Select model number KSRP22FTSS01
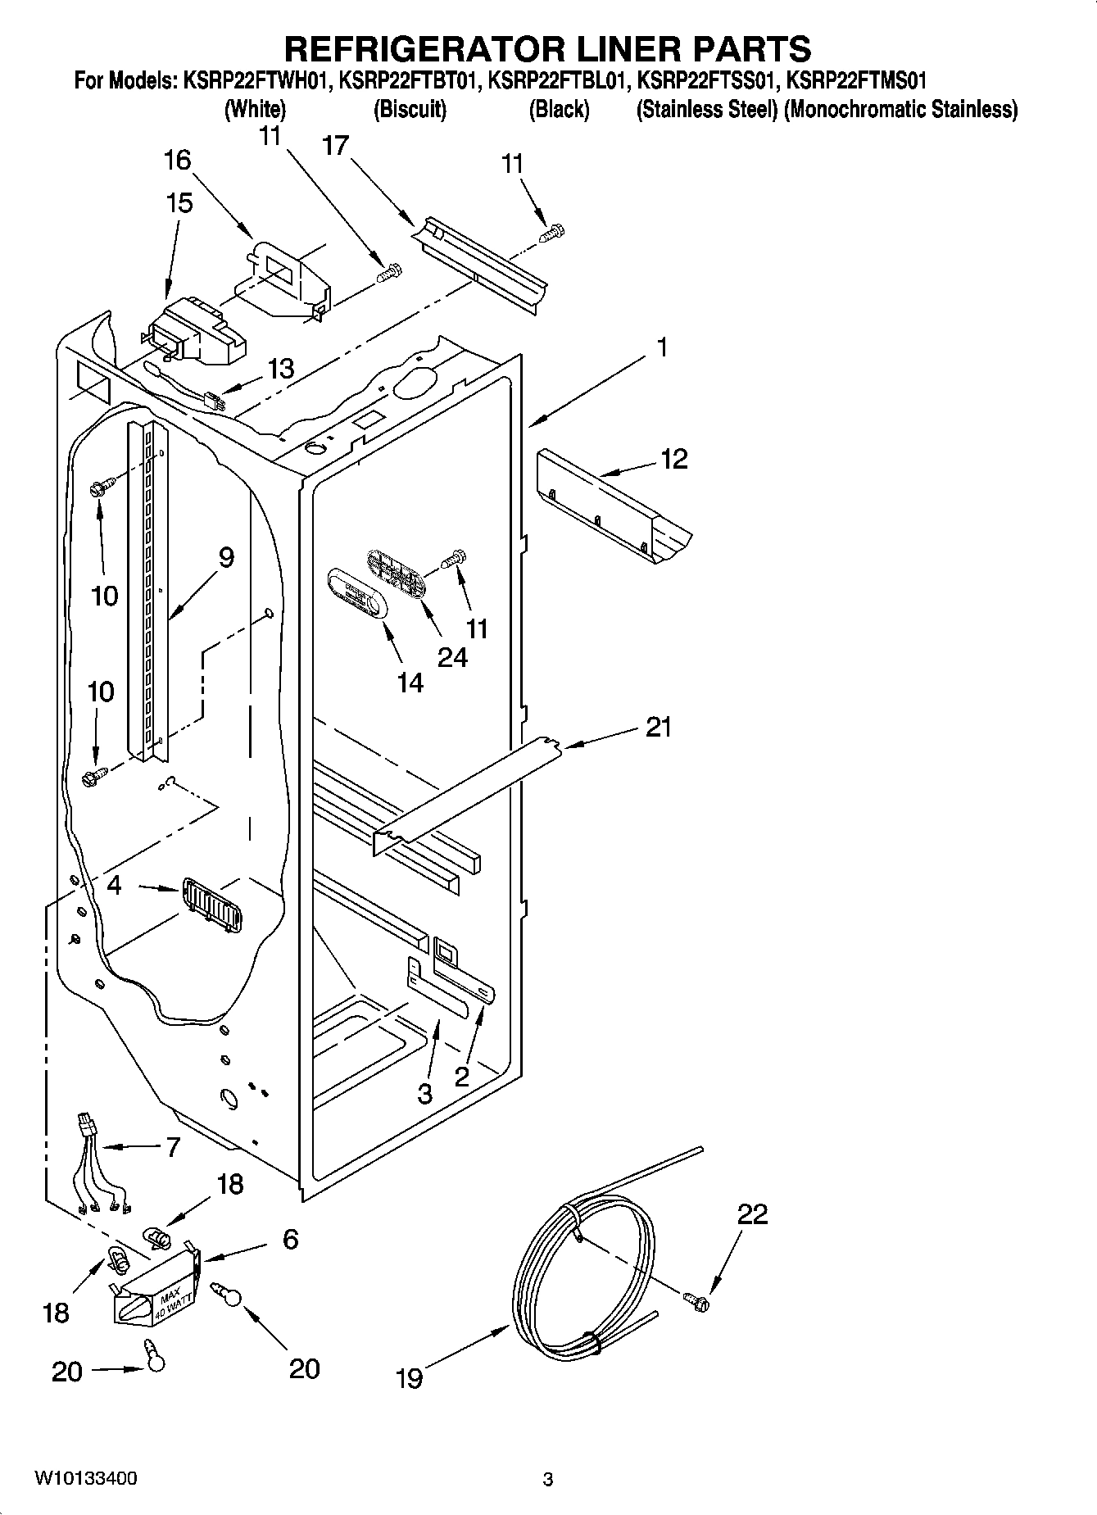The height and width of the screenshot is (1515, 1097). (707, 81)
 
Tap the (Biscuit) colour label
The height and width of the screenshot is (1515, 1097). (410, 109)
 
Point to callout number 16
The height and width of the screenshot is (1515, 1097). (177, 160)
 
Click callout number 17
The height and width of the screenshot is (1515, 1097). (336, 146)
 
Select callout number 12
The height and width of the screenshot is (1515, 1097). (673, 459)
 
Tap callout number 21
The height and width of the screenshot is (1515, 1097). (658, 727)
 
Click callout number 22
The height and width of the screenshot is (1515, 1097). (752, 1214)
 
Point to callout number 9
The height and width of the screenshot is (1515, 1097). (226, 558)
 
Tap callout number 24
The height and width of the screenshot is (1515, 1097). (451, 656)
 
